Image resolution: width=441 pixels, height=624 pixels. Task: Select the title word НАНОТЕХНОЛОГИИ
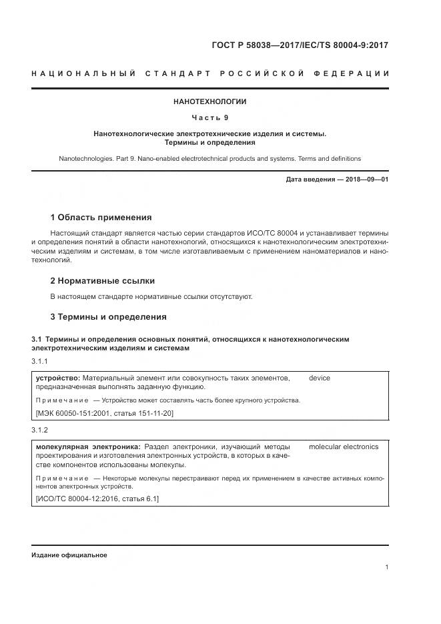click(x=210, y=102)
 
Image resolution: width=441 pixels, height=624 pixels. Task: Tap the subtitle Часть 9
click(x=210, y=118)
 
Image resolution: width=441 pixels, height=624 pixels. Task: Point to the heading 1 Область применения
click(x=101, y=218)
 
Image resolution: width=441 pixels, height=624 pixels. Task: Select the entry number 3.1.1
click(x=41, y=361)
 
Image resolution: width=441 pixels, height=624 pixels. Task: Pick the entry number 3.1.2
click(x=41, y=430)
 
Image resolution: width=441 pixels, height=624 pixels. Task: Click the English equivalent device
click(x=319, y=378)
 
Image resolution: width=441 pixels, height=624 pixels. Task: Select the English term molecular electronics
click(x=343, y=446)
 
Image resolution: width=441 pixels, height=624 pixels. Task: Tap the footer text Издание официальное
click(x=69, y=555)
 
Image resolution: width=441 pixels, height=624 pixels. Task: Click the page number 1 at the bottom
click(x=386, y=567)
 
